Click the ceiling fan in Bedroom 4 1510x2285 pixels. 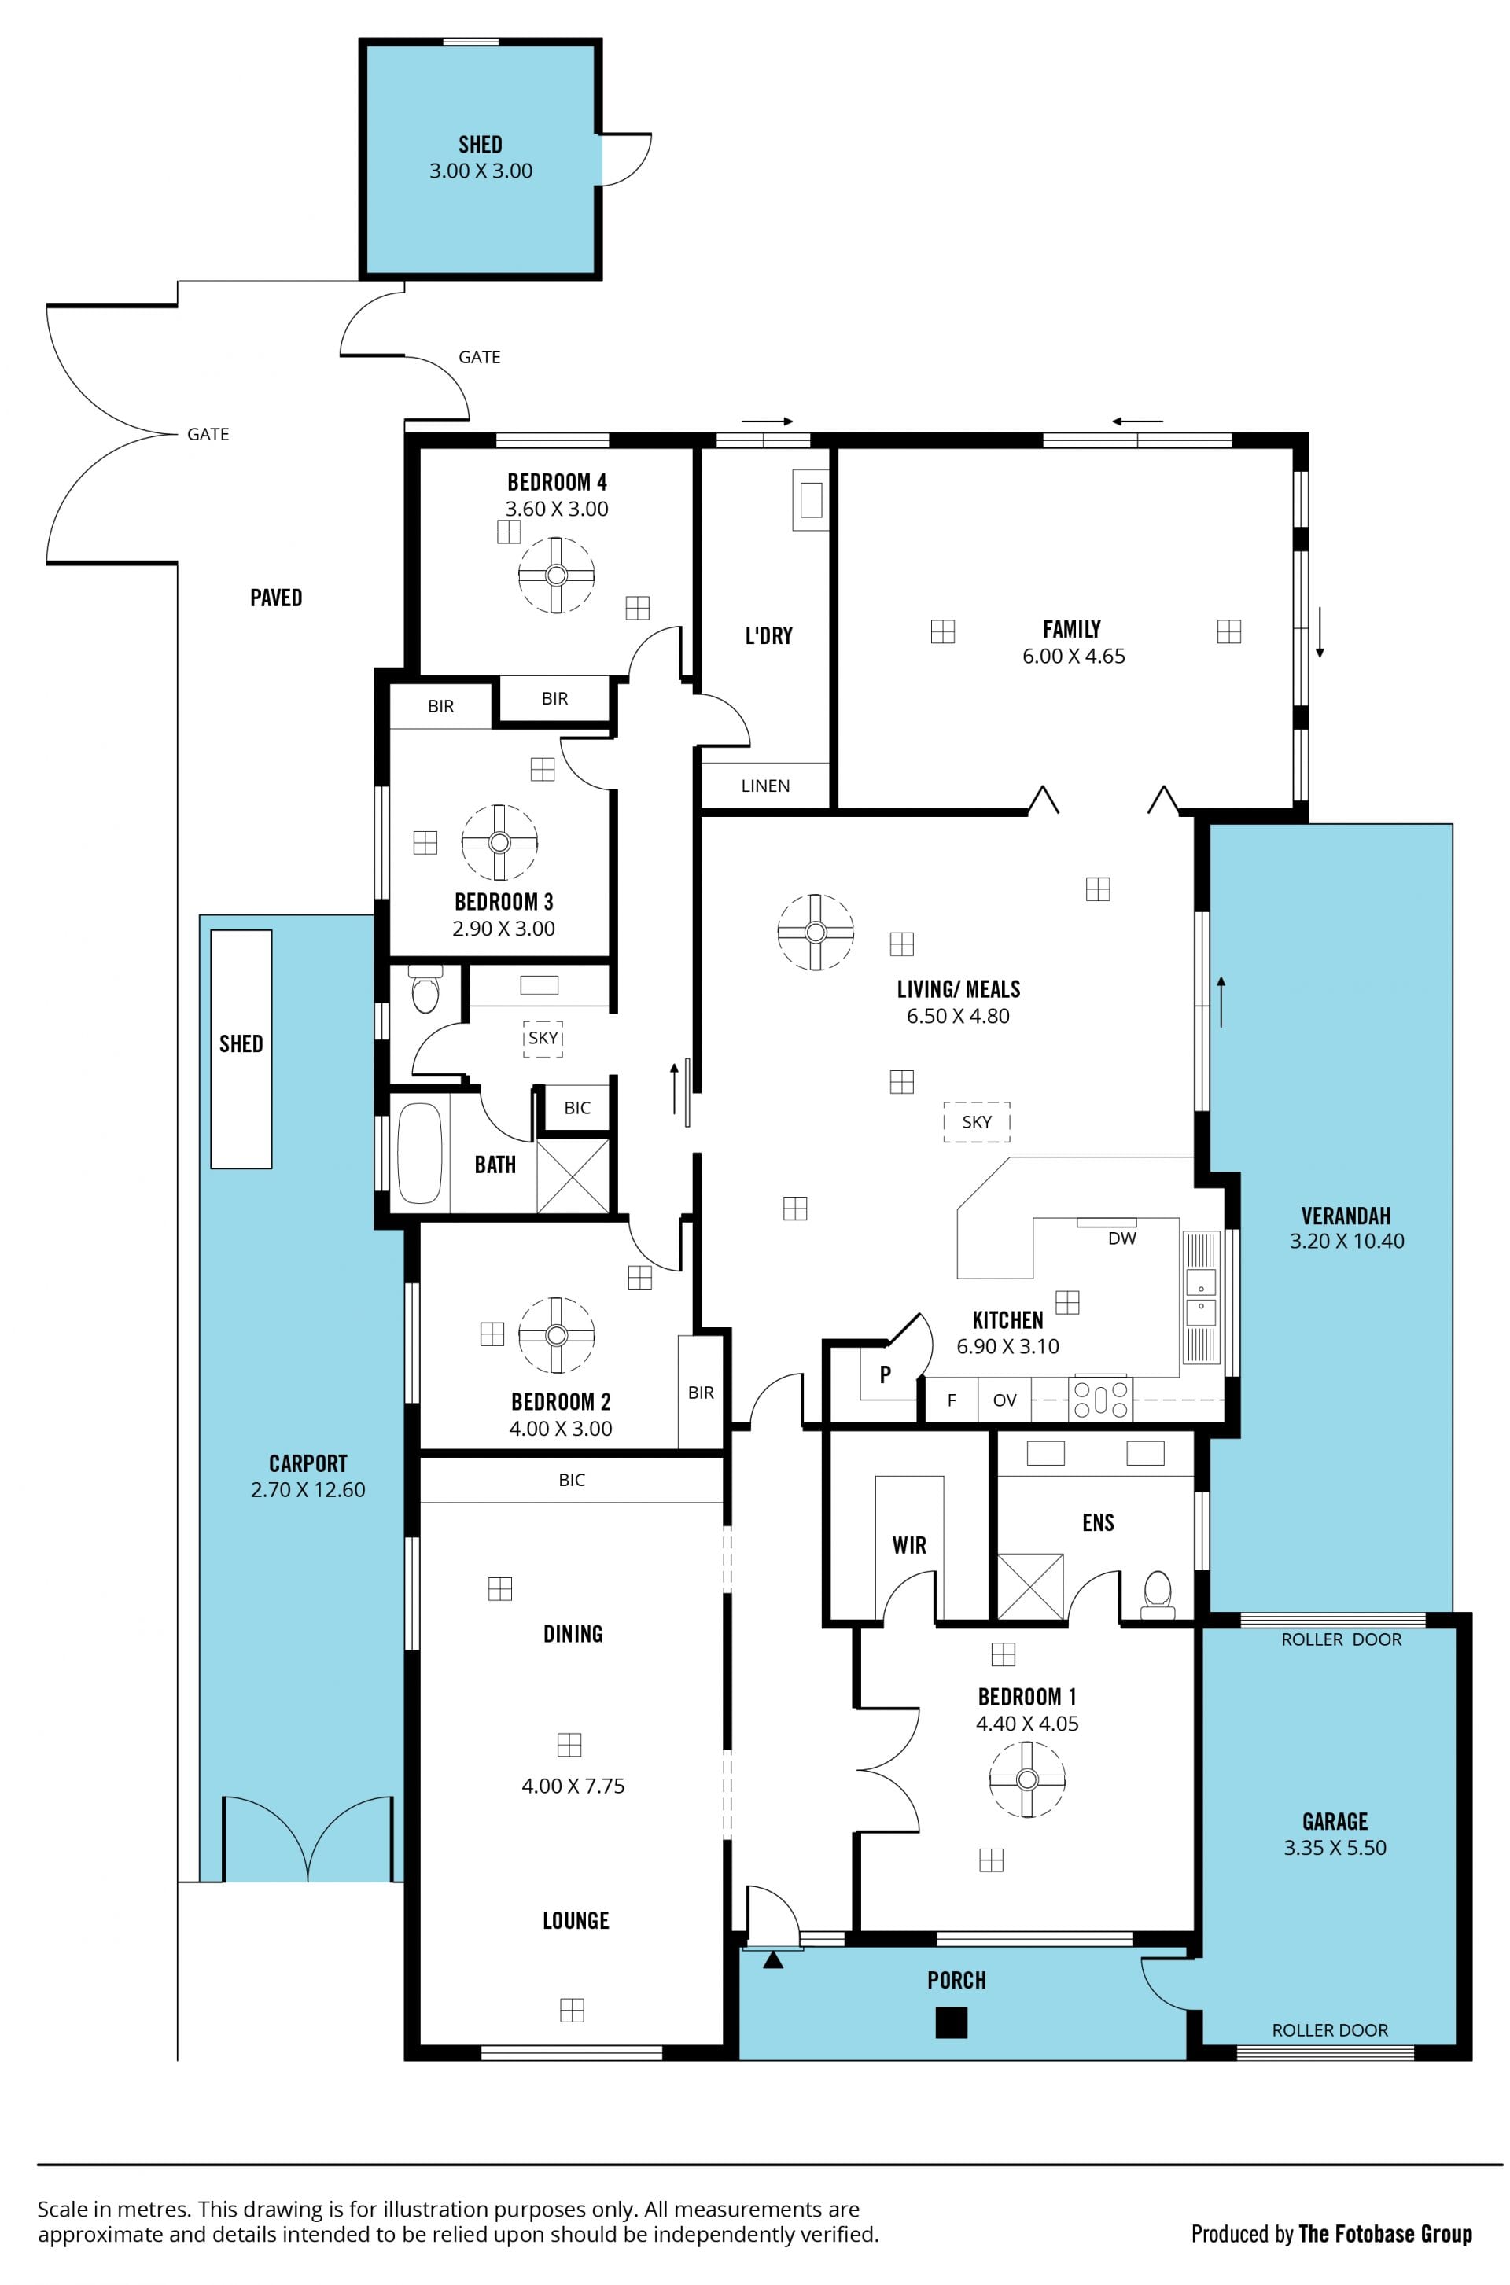557,575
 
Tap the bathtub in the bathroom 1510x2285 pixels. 420,1153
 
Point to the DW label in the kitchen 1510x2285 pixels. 1122,1238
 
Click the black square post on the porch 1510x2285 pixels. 952,2022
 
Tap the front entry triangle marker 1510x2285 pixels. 772,1959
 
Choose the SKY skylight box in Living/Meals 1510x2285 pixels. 977,1122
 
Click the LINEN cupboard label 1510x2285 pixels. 765,786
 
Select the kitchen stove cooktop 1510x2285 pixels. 1101,1398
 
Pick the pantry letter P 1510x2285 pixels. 885,1374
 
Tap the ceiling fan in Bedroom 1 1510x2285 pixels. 1028,1779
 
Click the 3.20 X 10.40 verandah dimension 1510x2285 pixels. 1346,1242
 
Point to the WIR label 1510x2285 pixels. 909,1544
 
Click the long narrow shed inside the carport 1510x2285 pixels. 241,1049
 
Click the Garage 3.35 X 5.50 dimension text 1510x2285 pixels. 1335,1848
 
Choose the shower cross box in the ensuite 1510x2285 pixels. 1030,1586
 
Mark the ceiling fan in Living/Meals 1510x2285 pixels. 816,932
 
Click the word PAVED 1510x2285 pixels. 276,598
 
